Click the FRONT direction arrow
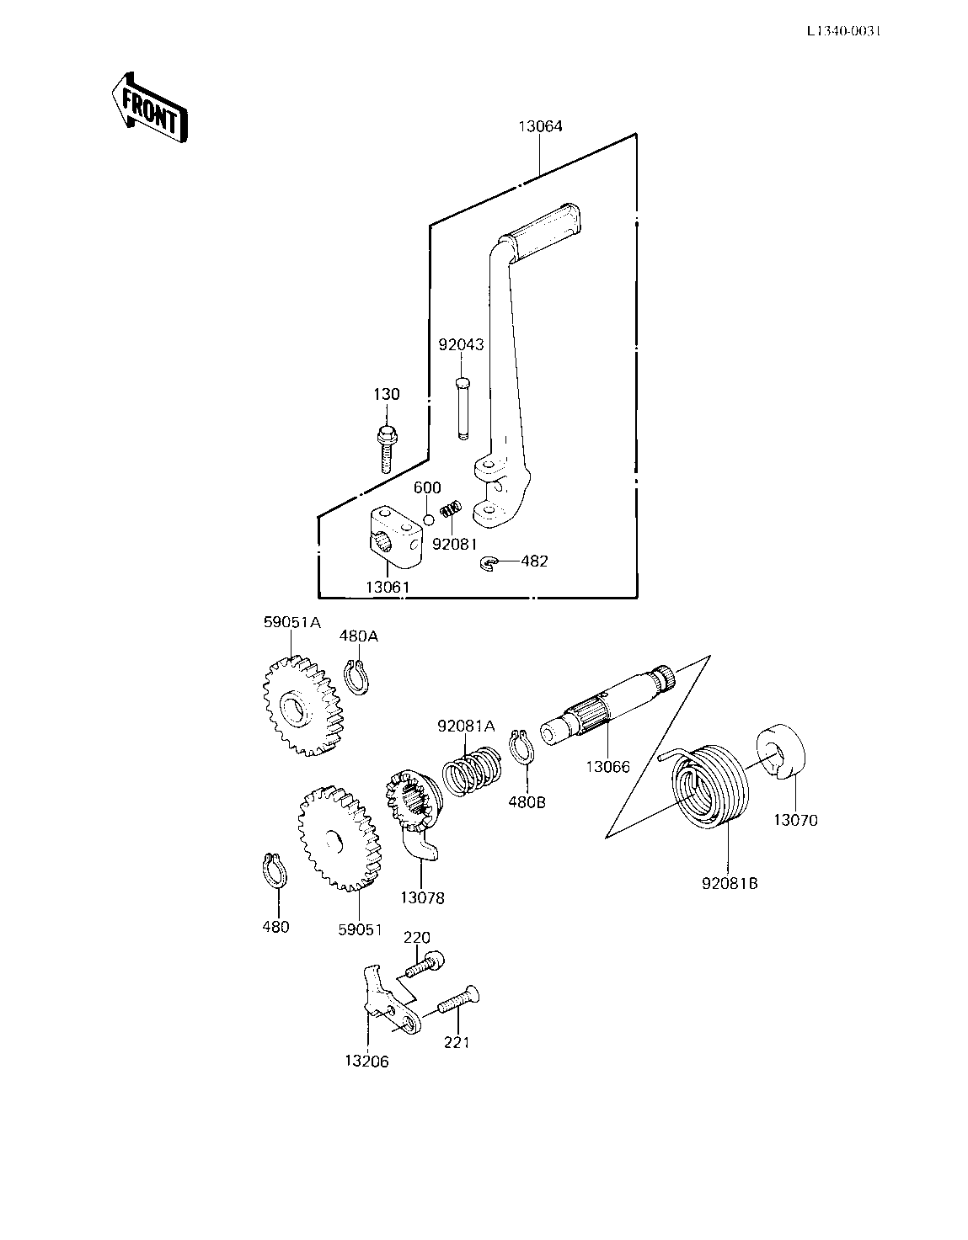click(x=150, y=108)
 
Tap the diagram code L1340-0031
click(x=843, y=31)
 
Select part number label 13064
click(x=540, y=126)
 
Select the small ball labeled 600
click(x=428, y=520)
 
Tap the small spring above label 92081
click(x=451, y=508)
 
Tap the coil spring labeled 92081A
click(x=472, y=770)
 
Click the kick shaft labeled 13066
click(x=607, y=705)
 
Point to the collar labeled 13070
click(x=781, y=750)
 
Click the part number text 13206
click(x=366, y=1062)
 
